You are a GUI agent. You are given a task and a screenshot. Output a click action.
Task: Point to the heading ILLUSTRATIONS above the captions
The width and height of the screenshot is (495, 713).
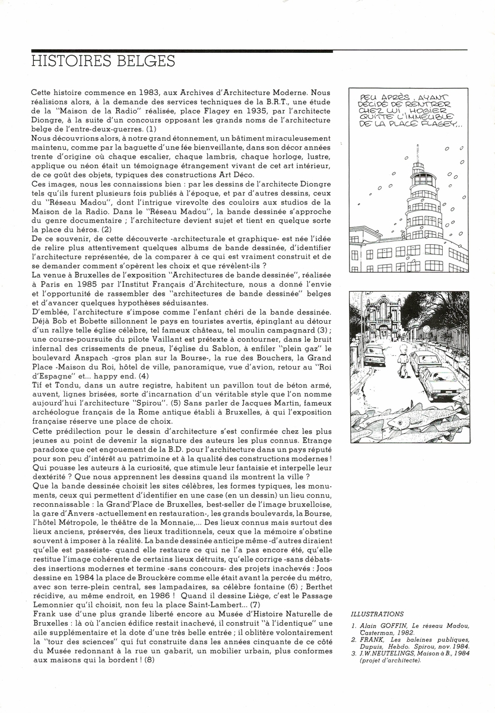point(377,614)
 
